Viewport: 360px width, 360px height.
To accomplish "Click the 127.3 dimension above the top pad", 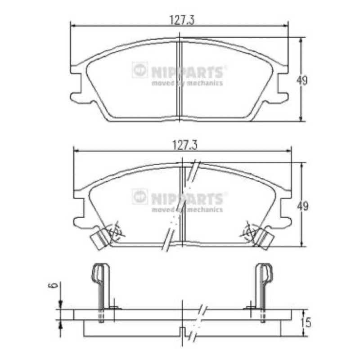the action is (182, 20).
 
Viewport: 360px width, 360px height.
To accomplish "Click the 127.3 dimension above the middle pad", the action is (184, 145).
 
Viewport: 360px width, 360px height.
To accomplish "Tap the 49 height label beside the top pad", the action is (301, 81).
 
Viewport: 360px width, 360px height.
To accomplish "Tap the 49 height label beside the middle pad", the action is (302, 206).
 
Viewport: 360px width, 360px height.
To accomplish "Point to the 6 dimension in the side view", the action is (53, 285).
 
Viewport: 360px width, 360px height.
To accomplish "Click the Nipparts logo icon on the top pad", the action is (139, 70).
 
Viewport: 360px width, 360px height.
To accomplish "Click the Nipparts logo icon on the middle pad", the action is (139, 197).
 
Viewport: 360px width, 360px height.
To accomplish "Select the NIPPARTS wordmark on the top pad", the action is (187, 72).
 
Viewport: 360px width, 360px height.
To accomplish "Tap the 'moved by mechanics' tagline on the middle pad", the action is (187, 210).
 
